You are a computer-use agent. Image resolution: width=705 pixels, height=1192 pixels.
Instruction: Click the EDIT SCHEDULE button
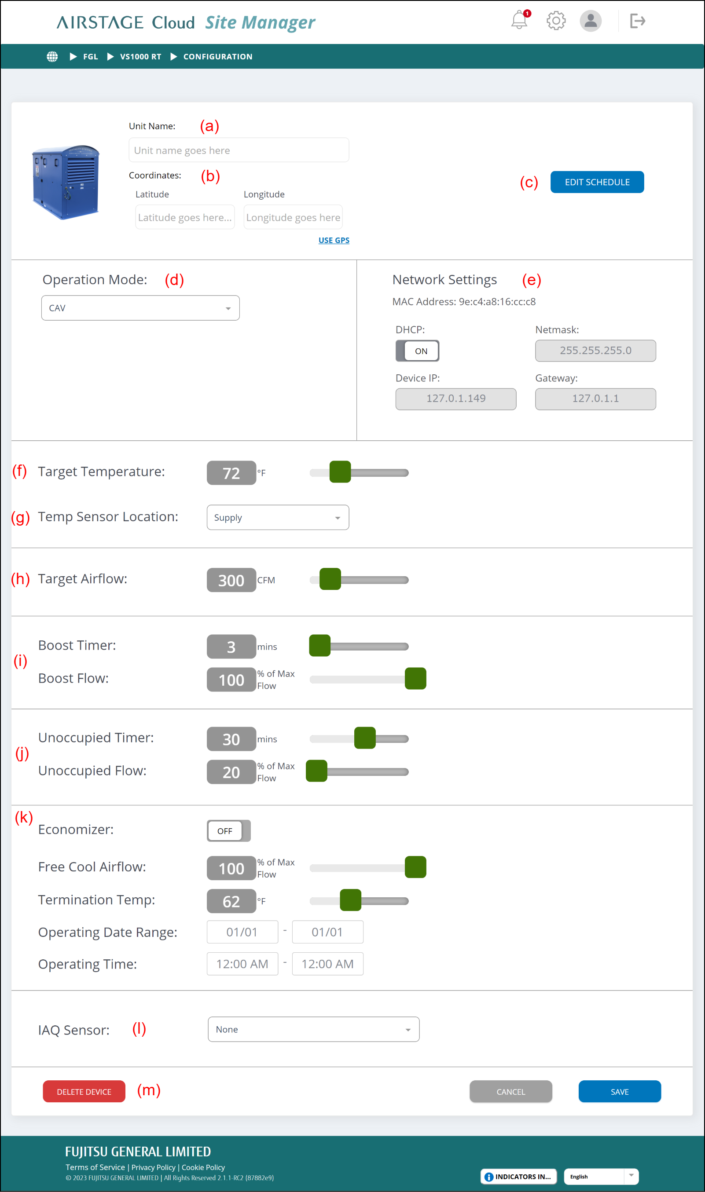(x=597, y=182)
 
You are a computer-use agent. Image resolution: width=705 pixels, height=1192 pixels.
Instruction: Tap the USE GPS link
(x=334, y=240)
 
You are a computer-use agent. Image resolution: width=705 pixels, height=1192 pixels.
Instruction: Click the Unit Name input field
(x=239, y=150)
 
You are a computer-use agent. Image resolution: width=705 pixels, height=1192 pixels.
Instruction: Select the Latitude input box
(x=185, y=217)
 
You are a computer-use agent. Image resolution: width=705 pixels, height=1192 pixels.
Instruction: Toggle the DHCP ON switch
(x=417, y=351)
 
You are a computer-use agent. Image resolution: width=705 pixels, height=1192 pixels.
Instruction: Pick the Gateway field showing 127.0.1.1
(x=595, y=399)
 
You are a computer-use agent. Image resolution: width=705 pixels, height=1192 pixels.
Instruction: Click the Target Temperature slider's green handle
(x=340, y=472)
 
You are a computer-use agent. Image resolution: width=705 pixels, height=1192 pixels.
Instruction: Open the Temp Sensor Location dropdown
(x=278, y=517)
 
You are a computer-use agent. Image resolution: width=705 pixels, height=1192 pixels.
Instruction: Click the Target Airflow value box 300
(x=231, y=580)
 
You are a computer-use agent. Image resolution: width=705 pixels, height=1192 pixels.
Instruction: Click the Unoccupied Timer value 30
(x=231, y=739)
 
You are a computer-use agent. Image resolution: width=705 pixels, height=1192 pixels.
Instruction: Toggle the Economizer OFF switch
(x=228, y=831)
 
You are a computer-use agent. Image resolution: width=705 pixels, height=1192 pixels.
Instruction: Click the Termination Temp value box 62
(x=231, y=901)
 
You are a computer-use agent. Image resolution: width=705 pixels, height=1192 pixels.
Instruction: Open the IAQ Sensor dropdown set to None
(x=313, y=1029)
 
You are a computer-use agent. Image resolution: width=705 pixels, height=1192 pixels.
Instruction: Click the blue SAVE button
(x=620, y=1091)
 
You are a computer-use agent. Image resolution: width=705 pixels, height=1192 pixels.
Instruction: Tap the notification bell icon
(x=519, y=20)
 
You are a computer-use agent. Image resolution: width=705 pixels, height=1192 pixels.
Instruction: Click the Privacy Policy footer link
(x=153, y=1167)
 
